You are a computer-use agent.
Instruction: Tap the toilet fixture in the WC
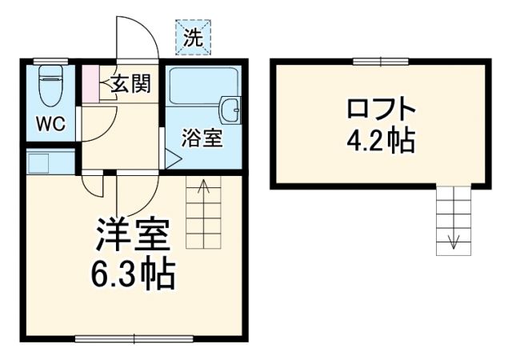pyautogui.click(x=50, y=84)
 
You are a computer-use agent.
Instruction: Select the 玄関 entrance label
pyautogui.click(x=130, y=84)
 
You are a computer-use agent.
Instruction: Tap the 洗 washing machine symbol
pyautogui.click(x=194, y=37)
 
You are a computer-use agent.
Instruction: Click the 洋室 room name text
pyautogui.click(x=133, y=236)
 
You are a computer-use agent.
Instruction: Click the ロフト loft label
pyautogui.click(x=381, y=109)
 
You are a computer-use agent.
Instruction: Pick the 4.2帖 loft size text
pyautogui.click(x=381, y=142)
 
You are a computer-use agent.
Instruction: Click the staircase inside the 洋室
pyautogui.click(x=203, y=214)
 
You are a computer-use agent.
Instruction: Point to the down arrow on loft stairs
pyautogui.click(x=454, y=240)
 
